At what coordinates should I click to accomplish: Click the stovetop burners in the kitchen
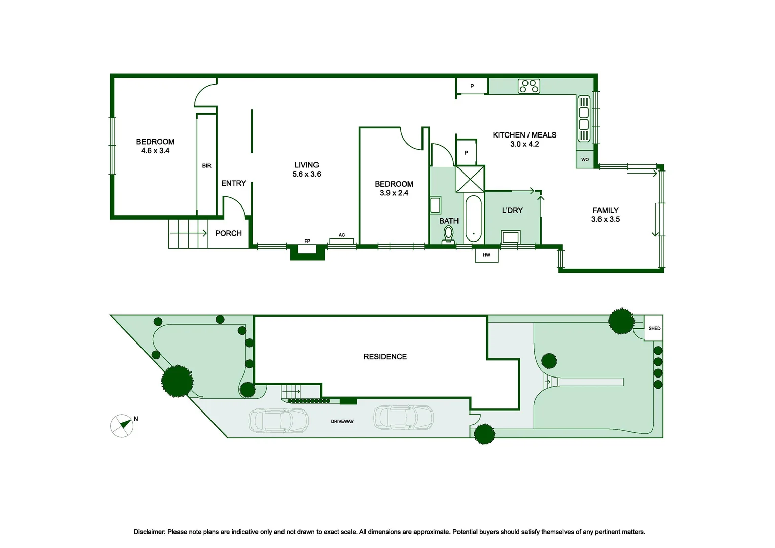click(529, 86)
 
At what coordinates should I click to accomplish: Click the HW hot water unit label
click(486, 255)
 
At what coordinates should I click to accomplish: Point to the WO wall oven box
click(585, 160)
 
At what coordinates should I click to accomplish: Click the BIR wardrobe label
click(206, 166)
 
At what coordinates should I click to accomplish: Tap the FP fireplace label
click(307, 241)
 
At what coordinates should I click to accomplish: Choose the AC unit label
click(342, 235)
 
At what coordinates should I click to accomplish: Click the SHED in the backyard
click(654, 328)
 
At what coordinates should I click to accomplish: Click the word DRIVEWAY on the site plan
click(342, 421)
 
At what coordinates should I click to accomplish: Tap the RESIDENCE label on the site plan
click(385, 357)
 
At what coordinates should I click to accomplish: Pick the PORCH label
click(228, 233)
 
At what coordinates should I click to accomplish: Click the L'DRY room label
click(512, 210)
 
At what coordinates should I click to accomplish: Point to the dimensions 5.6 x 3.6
click(306, 174)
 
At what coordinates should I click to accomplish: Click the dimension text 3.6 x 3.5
click(606, 219)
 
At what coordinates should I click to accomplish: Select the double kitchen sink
click(584, 118)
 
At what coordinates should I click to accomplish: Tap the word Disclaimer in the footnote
click(150, 532)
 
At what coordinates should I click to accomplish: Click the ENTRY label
click(233, 183)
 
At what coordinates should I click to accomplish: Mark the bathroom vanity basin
click(435, 205)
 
